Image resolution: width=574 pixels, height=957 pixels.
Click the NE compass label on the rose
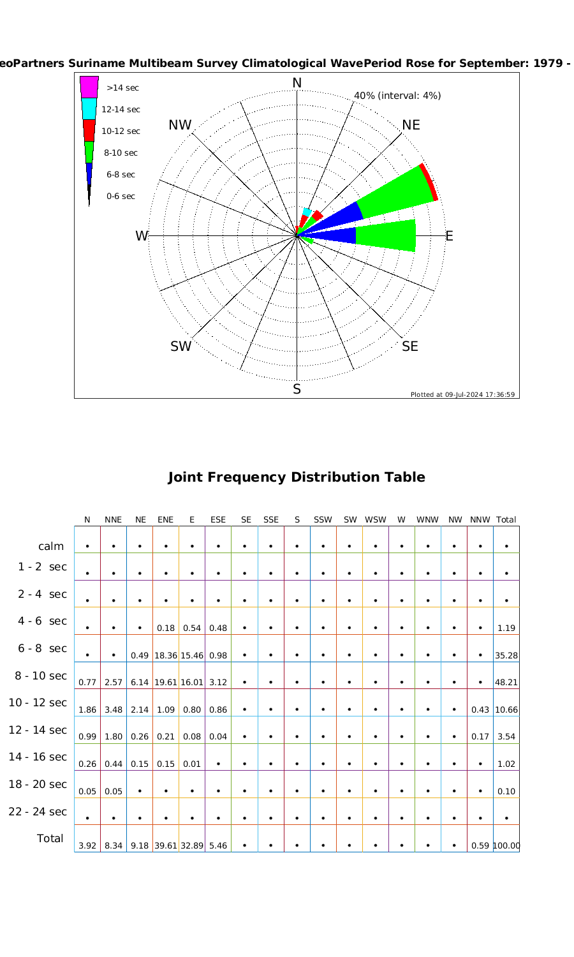411,125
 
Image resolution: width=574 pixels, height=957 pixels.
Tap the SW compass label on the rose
180,346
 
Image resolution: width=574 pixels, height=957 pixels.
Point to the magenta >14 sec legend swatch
89,87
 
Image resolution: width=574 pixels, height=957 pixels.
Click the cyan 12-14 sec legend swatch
89,108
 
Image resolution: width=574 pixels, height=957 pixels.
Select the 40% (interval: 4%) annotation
397,96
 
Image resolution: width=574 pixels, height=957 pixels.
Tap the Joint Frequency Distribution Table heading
296,477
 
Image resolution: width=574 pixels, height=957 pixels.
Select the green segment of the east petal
385,235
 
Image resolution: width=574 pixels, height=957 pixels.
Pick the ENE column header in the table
165,520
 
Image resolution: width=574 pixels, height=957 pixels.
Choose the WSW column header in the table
376,520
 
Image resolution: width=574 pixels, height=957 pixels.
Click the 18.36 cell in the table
166,655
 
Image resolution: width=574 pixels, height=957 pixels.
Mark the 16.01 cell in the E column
191,682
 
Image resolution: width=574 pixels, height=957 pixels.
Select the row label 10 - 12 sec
38,702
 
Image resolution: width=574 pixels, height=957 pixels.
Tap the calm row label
51,546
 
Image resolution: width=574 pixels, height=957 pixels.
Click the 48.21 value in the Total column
506,682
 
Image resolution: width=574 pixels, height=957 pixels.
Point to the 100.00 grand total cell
506,845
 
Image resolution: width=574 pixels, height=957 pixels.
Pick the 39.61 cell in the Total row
166,845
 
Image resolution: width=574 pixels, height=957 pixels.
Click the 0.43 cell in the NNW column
480,709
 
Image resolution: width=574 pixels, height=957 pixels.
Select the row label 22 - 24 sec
38,812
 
